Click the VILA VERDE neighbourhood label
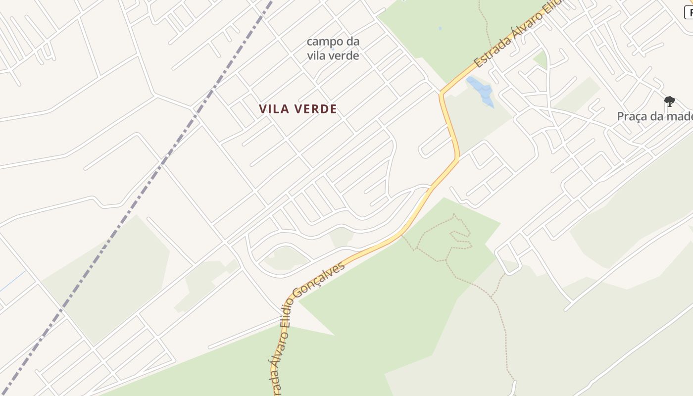tap(297, 109)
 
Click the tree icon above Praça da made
tap(669, 101)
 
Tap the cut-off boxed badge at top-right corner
tap(689, 13)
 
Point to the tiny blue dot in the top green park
tap(440, 28)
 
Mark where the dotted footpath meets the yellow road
tap(402, 236)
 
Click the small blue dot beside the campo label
tap(332, 49)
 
